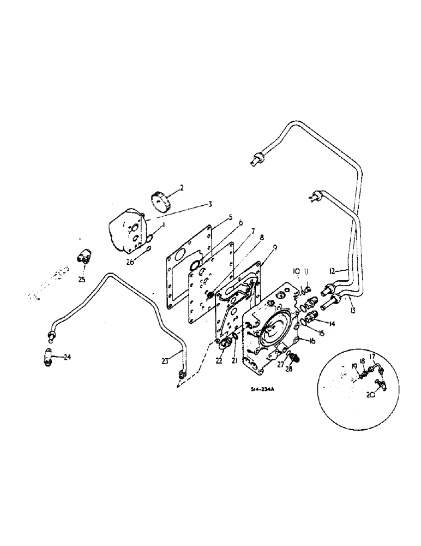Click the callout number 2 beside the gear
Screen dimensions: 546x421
click(182, 188)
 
